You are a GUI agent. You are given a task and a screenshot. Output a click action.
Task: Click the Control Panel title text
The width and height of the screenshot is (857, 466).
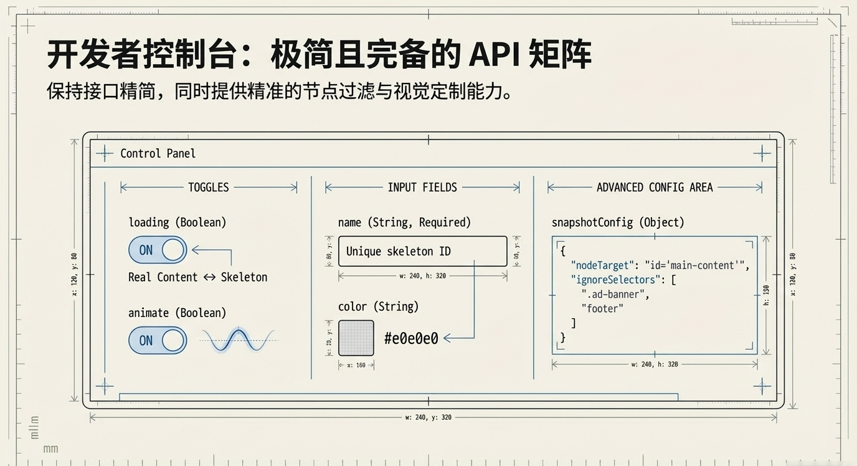[158, 153]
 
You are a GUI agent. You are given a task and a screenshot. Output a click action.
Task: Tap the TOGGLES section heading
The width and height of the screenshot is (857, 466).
[208, 187]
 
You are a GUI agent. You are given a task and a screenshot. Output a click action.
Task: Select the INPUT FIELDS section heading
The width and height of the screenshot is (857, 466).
[422, 187]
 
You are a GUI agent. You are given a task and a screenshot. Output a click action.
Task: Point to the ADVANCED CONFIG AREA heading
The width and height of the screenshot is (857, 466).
[654, 187]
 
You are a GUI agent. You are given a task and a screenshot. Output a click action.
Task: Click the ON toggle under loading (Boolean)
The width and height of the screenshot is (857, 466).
[158, 250]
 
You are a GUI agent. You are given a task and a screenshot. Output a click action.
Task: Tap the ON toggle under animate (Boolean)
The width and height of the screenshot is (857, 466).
[158, 340]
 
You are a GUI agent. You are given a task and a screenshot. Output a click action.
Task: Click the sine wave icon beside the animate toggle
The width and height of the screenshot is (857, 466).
[239, 340]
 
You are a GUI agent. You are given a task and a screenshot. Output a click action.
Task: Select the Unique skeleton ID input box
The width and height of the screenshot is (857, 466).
[422, 251]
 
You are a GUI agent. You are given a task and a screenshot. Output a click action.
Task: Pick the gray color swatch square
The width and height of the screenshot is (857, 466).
[356, 338]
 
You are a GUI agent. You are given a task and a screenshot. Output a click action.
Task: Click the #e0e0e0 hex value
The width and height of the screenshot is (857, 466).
[411, 338]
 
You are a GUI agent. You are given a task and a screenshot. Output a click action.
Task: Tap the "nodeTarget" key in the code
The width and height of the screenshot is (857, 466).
[602, 265]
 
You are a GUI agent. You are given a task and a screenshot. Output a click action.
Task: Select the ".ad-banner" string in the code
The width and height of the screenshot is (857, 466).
[615, 294]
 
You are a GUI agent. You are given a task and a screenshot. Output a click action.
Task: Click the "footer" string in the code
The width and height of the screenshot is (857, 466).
[602, 308]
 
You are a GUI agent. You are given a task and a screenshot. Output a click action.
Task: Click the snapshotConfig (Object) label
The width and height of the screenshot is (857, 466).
[618, 222]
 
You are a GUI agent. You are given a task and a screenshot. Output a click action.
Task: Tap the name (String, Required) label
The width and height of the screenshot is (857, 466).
[404, 222]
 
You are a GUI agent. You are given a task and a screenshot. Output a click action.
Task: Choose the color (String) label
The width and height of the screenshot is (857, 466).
[378, 307]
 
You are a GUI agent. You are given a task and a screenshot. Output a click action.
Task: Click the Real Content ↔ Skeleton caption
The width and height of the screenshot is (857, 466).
[197, 277]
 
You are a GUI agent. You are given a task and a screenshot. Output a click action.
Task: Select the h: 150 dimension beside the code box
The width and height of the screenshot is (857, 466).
[766, 295]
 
